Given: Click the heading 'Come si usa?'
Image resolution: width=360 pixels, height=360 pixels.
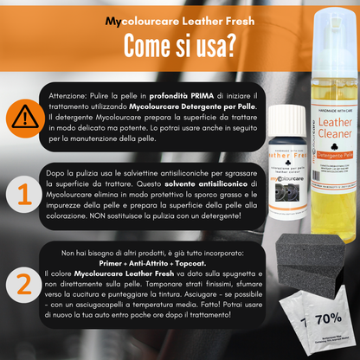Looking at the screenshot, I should [180, 42].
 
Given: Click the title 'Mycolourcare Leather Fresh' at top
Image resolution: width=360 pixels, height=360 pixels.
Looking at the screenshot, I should [179, 19].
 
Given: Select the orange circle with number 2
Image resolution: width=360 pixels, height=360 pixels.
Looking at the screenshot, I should [20, 281].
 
